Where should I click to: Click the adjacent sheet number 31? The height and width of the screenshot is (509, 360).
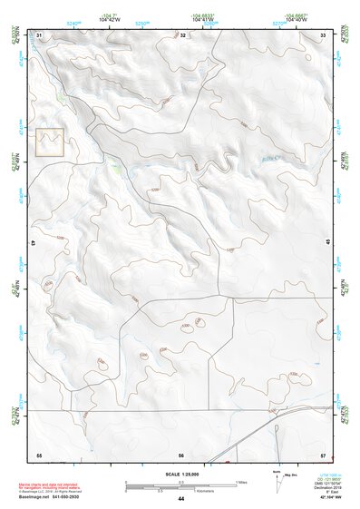pos(39,35)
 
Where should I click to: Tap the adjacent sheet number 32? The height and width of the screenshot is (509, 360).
pos(182,35)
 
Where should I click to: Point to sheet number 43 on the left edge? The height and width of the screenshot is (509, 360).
pos(33,243)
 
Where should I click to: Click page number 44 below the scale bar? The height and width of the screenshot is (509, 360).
pos(181,499)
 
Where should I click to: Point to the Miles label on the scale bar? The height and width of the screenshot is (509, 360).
pos(241,481)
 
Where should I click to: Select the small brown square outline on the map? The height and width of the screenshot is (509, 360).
pos(50,142)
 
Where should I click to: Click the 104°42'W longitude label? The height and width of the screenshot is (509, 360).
pos(111,21)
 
